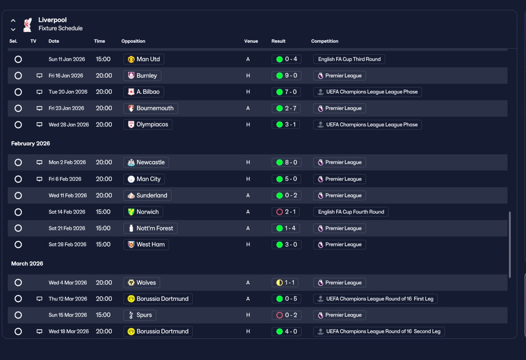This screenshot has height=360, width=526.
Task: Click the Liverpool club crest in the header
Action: click(x=28, y=25)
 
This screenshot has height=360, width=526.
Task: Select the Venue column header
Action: click(x=251, y=41)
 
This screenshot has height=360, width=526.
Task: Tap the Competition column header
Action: click(x=325, y=41)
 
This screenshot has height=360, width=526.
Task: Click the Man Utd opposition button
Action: click(x=144, y=59)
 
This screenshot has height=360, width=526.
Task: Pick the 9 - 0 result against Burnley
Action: click(x=286, y=76)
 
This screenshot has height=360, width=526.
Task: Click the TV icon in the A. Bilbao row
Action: click(x=39, y=92)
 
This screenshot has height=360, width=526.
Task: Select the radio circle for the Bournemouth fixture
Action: click(x=18, y=108)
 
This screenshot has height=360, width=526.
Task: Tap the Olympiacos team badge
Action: click(x=131, y=125)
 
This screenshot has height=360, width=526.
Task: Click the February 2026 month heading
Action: click(x=30, y=143)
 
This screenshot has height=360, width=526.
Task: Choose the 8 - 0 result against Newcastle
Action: click(x=286, y=162)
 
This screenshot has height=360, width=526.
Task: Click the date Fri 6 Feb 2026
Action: click(x=65, y=179)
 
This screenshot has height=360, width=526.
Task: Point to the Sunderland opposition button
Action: click(x=147, y=195)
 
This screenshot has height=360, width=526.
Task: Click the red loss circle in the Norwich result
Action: click(x=279, y=212)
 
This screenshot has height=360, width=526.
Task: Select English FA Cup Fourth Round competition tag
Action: click(x=351, y=212)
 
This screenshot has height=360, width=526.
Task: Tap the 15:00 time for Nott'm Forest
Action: click(x=103, y=228)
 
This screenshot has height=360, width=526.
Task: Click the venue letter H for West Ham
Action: click(x=248, y=245)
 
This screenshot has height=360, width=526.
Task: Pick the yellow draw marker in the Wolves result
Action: click(x=279, y=282)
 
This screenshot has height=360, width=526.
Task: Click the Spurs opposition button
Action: click(x=140, y=315)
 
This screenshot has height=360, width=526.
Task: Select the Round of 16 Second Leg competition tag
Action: click(x=379, y=331)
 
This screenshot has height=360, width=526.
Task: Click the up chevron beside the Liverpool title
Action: click(x=13, y=21)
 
